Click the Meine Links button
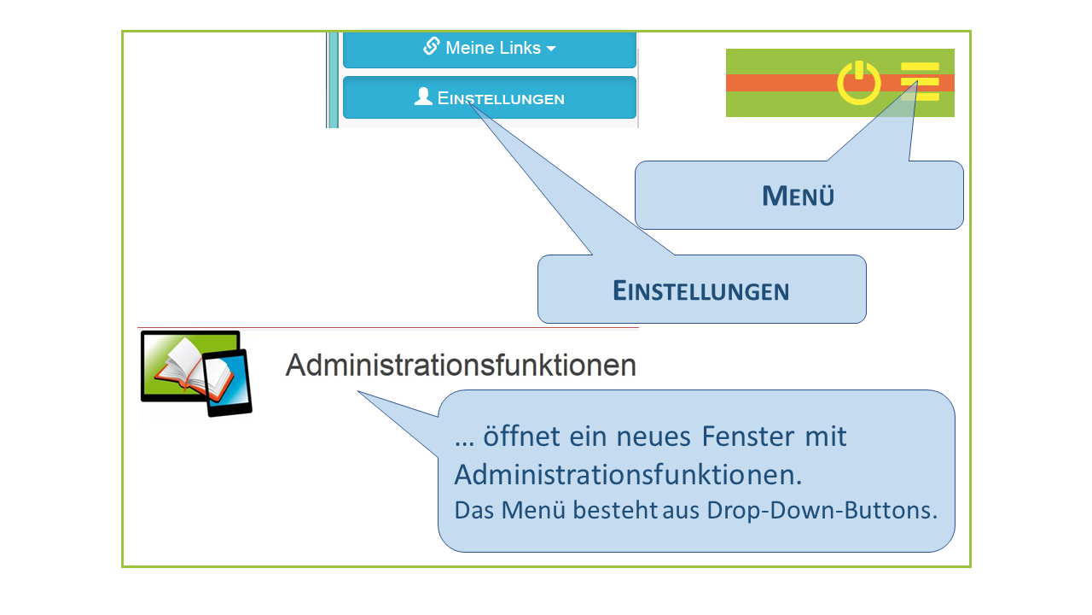click(x=490, y=49)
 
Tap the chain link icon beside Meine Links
click(x=432, y=46)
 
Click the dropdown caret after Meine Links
click(x=551, y=50)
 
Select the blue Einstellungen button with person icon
click(x=490, y=97)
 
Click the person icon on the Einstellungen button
click(x=423, y=97)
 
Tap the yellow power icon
click(x=858, y=83)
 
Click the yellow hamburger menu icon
click(x=920, y=82)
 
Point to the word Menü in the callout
click(x=798, y=196)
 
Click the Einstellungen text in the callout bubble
click(x=700, y=290)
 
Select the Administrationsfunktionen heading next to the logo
click(x=461, y=366)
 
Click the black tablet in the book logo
click(x=229, y=383)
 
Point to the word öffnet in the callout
click(x=520, y=436)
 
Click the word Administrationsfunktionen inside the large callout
click(x=627, y=474)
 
